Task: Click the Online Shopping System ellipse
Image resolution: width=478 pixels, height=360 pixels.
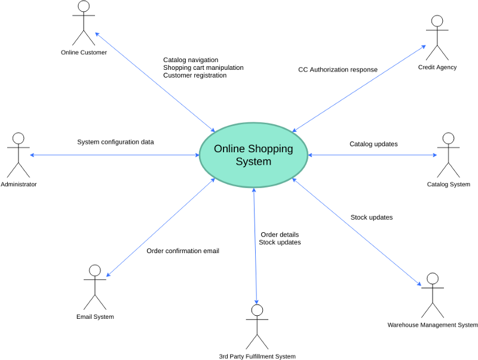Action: [253, 155]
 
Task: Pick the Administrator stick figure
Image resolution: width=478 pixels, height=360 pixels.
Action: [18, 155]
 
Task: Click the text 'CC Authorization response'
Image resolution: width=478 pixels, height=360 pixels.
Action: [338, 70]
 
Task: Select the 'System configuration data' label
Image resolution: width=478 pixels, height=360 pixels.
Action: [115, 142]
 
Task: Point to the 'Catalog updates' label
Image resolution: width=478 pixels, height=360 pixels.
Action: [373, 144]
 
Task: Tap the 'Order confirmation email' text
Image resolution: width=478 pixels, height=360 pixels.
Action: [183, 251]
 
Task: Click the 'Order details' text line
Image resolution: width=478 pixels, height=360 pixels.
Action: [279, 235]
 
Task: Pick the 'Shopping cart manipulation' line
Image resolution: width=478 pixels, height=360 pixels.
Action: [203, 67]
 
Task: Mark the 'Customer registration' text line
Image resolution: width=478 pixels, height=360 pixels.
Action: [195, 75]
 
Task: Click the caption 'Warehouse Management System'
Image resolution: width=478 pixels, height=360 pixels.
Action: [433, 325]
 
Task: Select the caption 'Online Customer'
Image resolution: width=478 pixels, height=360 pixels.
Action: [84, 53]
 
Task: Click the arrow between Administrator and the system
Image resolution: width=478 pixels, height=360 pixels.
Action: [114, 155]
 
